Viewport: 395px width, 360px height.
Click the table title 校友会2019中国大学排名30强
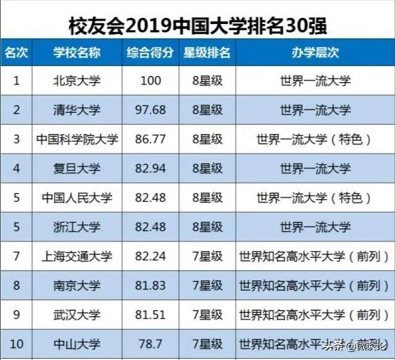[197, 24]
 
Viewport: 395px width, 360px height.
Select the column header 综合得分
[150, 52]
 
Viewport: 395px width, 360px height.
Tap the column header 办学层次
[315, 52]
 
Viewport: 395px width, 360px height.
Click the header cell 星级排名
[207, 52]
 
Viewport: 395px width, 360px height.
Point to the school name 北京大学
[77, 81]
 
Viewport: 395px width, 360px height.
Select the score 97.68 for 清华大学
[150, 110]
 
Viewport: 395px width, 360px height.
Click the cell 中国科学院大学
[77, 139]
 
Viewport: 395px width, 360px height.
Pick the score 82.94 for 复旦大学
[150, 168]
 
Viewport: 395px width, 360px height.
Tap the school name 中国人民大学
[77, 197]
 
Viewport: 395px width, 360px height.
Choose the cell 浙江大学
[77, 226]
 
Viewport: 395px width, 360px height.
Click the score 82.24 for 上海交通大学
[150, 255]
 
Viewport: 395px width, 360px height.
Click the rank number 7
[17, 255]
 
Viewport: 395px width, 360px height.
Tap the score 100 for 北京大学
[150, 81]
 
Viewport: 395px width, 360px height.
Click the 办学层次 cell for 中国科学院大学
[315, 139]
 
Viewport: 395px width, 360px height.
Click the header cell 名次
[17, 52]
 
